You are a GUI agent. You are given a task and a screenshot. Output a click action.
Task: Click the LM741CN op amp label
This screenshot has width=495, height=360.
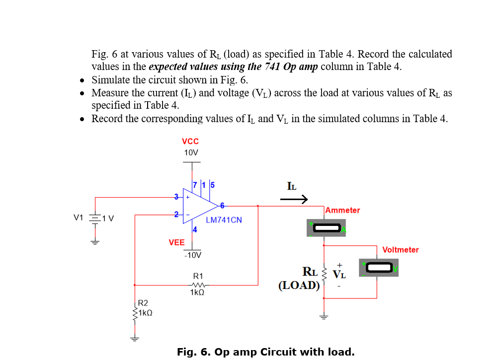click(224, 219)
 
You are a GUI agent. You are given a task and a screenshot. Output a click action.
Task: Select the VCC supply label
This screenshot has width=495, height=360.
click(190, 141)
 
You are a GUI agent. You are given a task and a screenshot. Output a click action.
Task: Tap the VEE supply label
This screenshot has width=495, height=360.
click(176, 242)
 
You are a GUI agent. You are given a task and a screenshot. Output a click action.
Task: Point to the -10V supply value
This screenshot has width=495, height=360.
click(192, 255)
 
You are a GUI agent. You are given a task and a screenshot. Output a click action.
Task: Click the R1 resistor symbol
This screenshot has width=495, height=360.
click(197, 285)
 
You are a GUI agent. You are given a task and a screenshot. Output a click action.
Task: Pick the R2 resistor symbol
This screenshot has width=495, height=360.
click(134, 313)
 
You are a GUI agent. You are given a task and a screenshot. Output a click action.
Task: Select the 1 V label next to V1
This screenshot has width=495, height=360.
click(108, 218)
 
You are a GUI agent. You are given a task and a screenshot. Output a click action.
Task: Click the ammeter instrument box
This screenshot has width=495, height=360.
click(326, 228)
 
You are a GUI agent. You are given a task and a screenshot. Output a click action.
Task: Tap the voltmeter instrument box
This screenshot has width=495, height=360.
click(379, 268)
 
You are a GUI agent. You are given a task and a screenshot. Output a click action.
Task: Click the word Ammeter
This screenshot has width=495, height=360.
click(343, 210)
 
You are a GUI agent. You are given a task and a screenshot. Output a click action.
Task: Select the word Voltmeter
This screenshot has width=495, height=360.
click(401, 250)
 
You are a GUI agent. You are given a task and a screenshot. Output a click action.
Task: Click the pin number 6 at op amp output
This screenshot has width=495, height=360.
click(222, 205)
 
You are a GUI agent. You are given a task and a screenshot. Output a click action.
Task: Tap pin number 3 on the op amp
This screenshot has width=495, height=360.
click(175, 197)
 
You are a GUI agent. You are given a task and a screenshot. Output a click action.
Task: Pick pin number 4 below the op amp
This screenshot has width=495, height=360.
click(195, 229)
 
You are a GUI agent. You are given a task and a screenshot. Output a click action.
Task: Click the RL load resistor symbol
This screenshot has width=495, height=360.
click(324, 274)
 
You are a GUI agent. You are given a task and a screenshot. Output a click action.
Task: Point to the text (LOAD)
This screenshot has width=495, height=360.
click(299, 285)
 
